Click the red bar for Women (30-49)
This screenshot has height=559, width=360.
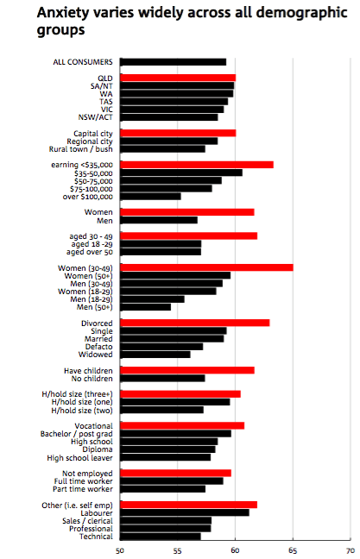point(206,267)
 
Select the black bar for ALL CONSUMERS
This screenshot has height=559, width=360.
point(173,62)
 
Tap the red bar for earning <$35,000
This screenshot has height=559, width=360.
point(197,165)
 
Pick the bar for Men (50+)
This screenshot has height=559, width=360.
point(146,307)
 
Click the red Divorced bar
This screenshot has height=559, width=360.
point(195,323)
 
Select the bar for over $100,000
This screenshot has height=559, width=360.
point(150,197)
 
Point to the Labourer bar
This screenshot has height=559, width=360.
point(185,512)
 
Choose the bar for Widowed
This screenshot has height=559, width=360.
point(155,355)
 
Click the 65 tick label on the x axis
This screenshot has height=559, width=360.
point(293,550)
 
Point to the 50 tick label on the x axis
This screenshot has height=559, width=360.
point(120,550)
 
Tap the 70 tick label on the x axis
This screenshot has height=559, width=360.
point(351,550)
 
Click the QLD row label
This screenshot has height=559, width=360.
point(105,79)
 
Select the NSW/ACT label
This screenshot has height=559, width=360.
point(95,117)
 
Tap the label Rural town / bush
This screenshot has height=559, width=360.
point(80,149)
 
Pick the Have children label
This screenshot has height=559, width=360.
point(88,371)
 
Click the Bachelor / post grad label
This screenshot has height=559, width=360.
point(76,434)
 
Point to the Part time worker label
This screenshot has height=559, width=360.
point(83,489)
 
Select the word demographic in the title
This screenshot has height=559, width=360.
point(302,13)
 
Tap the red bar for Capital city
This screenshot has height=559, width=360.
point(178,134)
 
